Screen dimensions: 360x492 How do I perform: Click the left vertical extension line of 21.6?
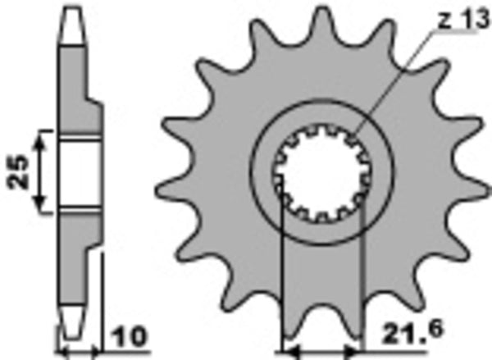pos(282,279)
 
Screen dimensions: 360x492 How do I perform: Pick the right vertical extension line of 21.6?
pos(362,279)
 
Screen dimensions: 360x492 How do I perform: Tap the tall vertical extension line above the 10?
pos(102,303)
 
